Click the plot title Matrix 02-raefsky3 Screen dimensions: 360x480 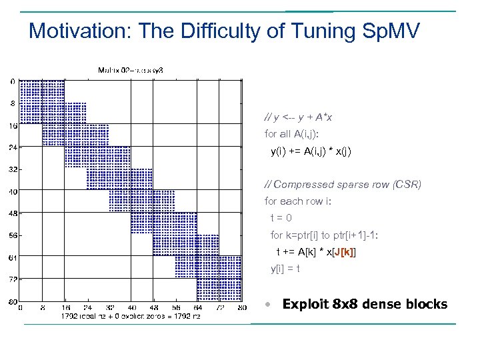click(x=130, y=69)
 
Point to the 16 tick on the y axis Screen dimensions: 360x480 click(x=13, y=125)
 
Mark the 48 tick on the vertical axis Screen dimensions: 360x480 click(x=13, y=213)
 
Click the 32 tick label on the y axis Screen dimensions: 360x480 click(x=13, y=169)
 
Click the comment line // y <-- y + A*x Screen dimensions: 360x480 click(x=298, y=117)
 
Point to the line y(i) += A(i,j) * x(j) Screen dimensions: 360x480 click(x=310, y=151)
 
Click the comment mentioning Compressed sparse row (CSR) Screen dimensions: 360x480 click(x=343, y=184)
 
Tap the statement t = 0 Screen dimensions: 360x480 click(x=281, y=218)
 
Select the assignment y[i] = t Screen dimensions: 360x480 click(x=285, y=269)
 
